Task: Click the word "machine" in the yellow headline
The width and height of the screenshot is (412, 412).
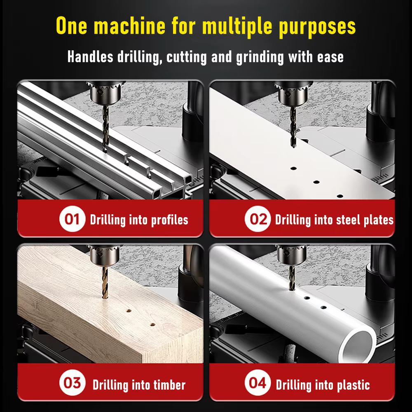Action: (x=129, y=26)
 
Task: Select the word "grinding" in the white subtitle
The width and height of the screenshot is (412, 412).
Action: (x=260, y=57)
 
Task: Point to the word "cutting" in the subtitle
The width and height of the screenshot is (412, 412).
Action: (x=187, y=57)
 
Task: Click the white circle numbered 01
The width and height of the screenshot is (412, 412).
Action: (x=72, y=219)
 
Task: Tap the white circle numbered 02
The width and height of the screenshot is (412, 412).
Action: (x=258, y=219)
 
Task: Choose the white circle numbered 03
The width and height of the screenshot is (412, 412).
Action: (x=72, y=383)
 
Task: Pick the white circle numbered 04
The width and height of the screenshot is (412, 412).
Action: (x=258, y=383)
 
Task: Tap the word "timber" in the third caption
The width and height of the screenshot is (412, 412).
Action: (x=169, y=385)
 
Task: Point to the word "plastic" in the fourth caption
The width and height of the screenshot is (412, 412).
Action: (x=353, y=386)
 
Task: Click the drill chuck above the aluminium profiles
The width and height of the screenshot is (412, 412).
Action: (x=105, y=93)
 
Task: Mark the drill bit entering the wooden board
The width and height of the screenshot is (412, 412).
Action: (x=105, y=283)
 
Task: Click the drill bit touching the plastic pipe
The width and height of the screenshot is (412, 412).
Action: (x=292, y=278)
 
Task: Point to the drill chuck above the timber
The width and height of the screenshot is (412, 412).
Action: (x=105, y=255)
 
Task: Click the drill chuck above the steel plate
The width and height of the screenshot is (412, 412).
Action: (x=293, y=94)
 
